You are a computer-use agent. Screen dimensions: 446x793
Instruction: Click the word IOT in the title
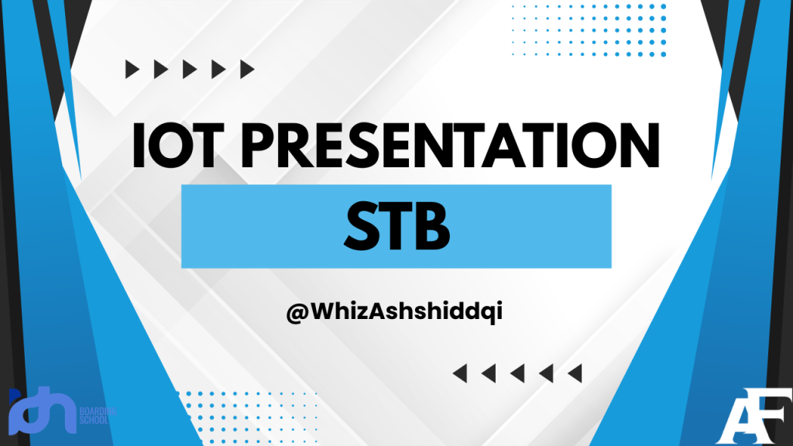coord(173,144)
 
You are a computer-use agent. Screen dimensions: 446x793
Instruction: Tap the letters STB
coord(396,226)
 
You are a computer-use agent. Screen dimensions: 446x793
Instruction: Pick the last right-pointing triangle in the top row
coord(247,70)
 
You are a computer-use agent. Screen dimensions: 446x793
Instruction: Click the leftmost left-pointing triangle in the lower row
coord(459,374)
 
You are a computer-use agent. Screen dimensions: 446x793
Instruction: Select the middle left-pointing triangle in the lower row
coord(517,374)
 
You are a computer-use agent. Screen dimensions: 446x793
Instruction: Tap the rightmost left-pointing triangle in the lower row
coord(574,374)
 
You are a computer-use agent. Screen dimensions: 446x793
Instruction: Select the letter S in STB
coord(358,226)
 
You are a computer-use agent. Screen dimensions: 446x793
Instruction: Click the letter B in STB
coord(434,226)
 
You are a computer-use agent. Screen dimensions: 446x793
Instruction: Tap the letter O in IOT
coord(175,144)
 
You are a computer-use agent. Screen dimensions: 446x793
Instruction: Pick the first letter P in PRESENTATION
coord(263,144)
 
